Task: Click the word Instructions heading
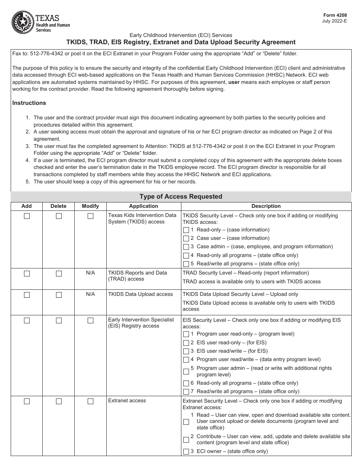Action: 29,103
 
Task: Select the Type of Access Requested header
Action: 181,197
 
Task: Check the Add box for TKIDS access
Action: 27,216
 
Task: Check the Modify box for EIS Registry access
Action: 90,321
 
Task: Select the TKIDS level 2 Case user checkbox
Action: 186,239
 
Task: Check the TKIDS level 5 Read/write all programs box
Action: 186,264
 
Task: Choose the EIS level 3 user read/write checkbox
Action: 186,352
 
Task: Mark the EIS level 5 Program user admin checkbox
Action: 186,372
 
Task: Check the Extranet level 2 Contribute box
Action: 186,440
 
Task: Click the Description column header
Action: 266,206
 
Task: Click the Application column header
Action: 143,206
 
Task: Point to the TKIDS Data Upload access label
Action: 140,294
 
